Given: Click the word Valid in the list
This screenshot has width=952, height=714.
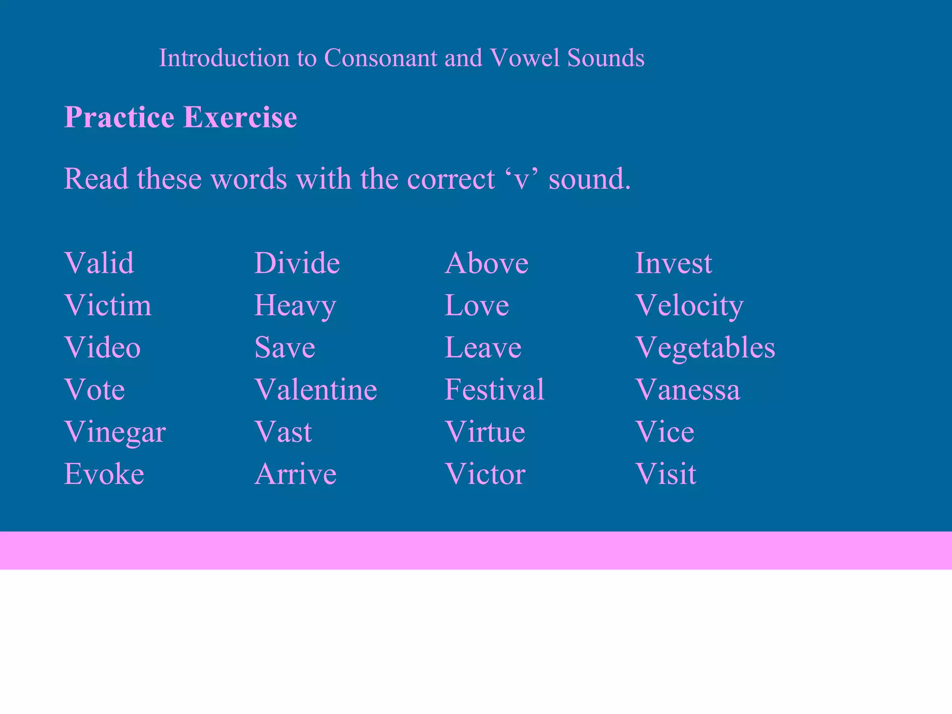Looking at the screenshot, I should point(99,263).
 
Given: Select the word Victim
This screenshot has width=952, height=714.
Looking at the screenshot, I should point(108,305).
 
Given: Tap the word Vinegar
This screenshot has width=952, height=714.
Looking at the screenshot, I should point(115,432).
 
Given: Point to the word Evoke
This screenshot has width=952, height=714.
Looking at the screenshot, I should point(104,474).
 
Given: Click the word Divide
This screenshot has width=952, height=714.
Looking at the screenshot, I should point(297,263).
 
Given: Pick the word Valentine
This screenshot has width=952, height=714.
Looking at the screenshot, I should point(316,390).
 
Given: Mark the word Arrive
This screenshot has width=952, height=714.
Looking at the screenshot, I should point(296,474).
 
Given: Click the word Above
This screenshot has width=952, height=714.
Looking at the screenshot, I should point(486,263).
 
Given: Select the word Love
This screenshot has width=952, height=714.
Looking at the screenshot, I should point(476,305).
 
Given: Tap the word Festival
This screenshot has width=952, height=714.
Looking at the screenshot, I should point(494,390).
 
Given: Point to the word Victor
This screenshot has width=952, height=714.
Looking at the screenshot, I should point(485,474).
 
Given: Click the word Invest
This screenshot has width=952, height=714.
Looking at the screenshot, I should point(673,263).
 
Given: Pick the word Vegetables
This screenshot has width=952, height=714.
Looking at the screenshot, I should point(705,348).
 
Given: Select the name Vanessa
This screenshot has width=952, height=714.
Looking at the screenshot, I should point(688,390).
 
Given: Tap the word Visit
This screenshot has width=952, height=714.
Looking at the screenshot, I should point(666,474).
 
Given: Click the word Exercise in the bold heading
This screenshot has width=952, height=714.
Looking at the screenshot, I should point(240,117).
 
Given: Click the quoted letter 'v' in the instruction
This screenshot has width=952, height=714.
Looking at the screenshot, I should point(521,179).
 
